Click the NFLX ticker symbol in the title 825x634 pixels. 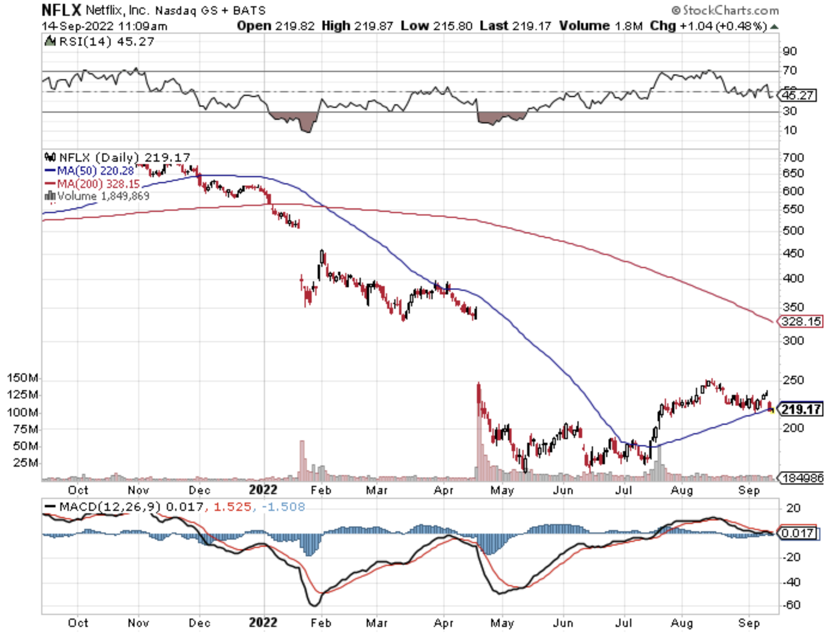(x=61, y=10)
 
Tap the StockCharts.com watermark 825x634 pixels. (x=725, y=10)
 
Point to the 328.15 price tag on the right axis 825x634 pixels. (x=801, y=321)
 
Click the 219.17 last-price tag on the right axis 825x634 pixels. (x=801, y=409)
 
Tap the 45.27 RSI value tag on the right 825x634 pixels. (x=797, y=96)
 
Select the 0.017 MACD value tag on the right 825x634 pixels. (x=797, y=533)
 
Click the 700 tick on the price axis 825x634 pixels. (x=793, y=157)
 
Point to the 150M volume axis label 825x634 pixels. (x=23, y=378)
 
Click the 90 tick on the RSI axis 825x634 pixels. (x=790, y=51)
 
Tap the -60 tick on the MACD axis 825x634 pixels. (x=791, y=605)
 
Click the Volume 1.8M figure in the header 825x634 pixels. (x=601, y=26)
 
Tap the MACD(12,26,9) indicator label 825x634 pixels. (x=109, y=507)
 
